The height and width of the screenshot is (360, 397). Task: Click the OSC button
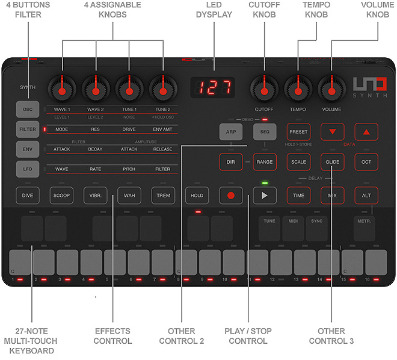point(28,110)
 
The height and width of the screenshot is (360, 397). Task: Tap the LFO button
point(28,169)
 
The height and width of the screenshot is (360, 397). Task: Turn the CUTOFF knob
point(263,89)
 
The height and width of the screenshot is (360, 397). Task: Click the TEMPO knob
point(297,89)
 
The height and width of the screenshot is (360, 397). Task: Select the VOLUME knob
point(330,89)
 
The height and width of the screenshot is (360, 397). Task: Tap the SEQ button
point(264,131)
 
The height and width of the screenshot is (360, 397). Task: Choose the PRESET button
point(298,131)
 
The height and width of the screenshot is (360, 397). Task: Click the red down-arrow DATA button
point(332,131)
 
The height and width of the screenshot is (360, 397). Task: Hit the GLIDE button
point(332,162)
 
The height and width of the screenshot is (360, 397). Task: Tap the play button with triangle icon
point(264,195)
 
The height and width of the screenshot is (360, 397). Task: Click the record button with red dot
point(230,195)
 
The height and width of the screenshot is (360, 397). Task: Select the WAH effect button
point(129,195)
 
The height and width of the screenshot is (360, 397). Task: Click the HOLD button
point(197,195)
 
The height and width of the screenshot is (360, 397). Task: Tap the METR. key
point(365,228)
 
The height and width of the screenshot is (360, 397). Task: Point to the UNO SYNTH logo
point(366,88)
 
